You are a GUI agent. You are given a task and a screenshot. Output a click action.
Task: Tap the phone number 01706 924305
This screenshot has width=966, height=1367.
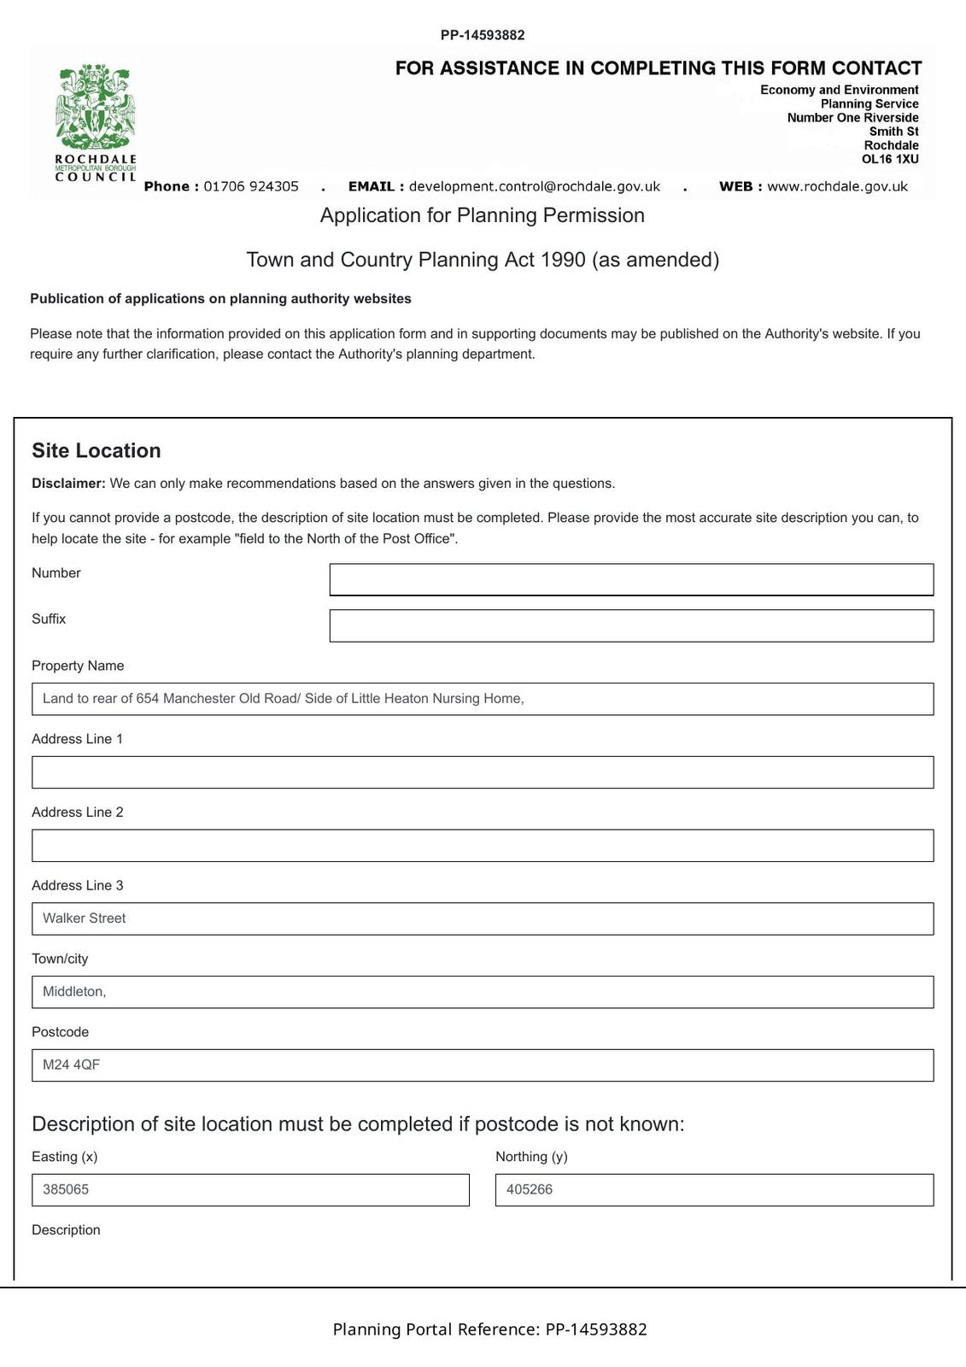tap(251, 186)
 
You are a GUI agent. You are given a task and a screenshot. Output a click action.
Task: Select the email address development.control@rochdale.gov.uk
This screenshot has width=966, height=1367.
tap(535, 186)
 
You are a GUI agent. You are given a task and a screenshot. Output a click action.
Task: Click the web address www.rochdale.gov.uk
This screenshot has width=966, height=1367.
tap(837, 186)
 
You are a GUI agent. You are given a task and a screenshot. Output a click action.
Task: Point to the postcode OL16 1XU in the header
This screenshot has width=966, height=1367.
tap(890, 159)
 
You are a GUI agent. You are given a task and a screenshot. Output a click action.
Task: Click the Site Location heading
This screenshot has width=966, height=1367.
tap(97, 451)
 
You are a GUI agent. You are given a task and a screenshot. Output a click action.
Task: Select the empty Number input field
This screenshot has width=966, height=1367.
tap(631, 579)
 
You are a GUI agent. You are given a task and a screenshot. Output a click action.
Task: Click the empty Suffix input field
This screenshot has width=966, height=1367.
tap(631, 625)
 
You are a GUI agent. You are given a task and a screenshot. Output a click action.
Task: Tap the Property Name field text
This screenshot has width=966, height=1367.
tap(283, 699)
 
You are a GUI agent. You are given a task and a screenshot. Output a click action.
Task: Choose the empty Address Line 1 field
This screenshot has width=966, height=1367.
tap(483, 772)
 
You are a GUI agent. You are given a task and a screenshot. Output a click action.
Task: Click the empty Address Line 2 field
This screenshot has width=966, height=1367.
tap(483, 846)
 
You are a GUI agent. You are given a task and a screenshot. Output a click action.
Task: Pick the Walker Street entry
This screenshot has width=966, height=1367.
tap(85, 918)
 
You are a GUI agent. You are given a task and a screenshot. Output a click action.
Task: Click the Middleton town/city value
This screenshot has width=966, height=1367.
tap(74, 992)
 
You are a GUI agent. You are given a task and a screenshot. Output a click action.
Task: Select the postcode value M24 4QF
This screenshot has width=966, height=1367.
tap(72, 1065)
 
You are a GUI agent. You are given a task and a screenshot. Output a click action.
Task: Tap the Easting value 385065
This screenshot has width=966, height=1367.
tap(66, 1189)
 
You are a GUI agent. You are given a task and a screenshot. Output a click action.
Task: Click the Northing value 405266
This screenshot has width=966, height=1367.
tap(530, 1189)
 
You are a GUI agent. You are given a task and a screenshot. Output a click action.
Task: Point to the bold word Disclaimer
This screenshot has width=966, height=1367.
tap(68, 484)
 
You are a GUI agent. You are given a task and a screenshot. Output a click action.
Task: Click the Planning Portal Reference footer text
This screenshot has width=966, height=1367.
tap(489, 1329)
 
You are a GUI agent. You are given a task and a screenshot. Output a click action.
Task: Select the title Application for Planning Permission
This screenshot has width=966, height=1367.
tap(483, 215)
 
